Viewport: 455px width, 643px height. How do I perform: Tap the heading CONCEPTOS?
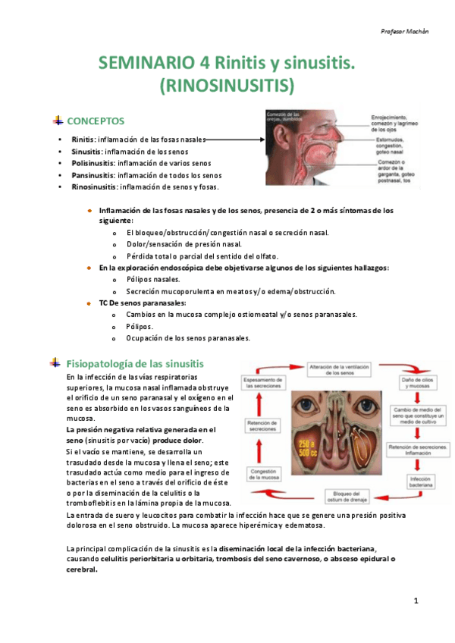[x=96, y=121]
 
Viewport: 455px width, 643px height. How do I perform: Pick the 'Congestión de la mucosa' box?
[x=261, y=475]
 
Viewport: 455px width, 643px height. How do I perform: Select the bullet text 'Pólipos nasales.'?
[x=153, y=280]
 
